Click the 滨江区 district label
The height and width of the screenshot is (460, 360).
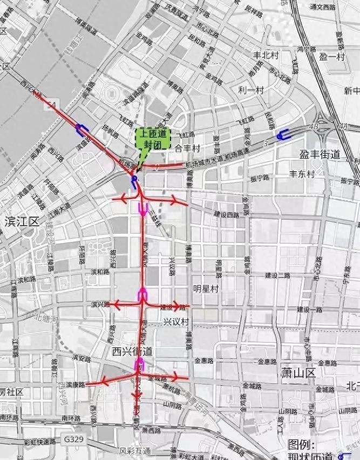(x=22, y=221)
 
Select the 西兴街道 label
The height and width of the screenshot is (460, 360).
(x=132, y=352)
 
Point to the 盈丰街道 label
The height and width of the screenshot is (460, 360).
(x=320, y=154)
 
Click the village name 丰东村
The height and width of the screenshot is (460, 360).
(x=302, y=174)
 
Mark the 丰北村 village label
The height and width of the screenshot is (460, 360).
(x=266, y=55)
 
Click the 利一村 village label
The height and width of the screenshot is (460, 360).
(x=251, y=90)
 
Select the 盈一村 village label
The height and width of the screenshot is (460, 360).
(x=332, y=57)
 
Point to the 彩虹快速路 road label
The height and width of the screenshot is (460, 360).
(x=32, y=441)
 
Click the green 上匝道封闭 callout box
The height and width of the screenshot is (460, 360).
(x=153, y=138)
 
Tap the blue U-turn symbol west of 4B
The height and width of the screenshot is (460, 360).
(x=282, y=135)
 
